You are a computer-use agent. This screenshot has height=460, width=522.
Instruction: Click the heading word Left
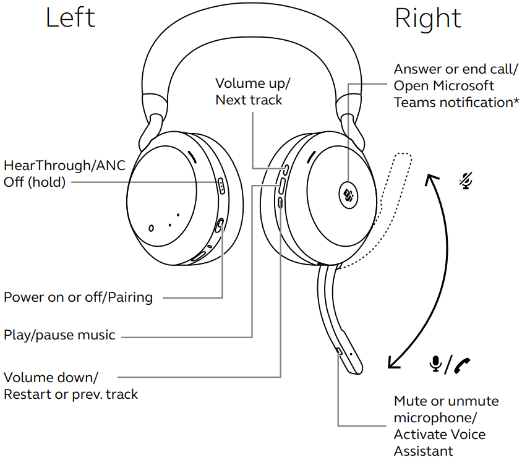[x=70, y=18]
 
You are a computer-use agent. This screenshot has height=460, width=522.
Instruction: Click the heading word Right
[x=428, y=19]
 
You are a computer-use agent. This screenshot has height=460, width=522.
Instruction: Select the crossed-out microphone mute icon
[x=464, y=180]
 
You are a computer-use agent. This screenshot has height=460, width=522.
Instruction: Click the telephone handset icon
[x=461, y=365]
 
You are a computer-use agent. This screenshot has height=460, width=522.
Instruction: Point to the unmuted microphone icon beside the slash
[x=436, y=364]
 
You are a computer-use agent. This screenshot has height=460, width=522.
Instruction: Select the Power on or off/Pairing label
[x=78, y=297]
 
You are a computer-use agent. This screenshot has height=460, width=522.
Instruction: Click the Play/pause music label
[x=59, y=335]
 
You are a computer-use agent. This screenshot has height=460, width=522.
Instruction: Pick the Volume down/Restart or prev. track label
[x=71, y=385]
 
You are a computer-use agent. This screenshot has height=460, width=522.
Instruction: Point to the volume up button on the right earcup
[x=285, y=168]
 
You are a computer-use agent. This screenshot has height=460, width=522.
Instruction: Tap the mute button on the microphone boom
[x=339, y=351]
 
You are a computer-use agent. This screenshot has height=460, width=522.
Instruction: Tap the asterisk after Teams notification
[x=516, y=101]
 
